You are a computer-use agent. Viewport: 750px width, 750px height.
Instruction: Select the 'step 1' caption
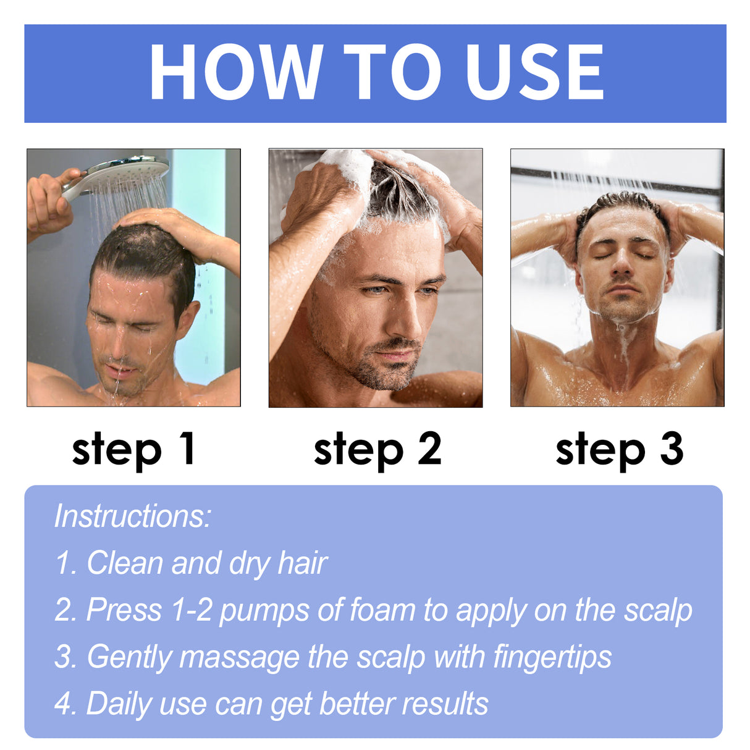134,449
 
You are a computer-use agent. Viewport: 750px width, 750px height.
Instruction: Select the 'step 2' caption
377,449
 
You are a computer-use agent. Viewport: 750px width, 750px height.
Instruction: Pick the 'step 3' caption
619,449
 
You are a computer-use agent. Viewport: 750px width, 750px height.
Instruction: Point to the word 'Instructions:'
133,516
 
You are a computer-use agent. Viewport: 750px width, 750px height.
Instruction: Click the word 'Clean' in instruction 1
125,563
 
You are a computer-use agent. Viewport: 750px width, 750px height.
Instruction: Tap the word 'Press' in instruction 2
124,610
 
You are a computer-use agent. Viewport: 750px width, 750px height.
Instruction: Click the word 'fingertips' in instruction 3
552,657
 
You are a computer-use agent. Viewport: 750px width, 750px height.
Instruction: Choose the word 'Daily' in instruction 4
119,704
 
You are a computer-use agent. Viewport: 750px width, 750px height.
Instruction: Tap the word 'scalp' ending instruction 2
657,610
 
